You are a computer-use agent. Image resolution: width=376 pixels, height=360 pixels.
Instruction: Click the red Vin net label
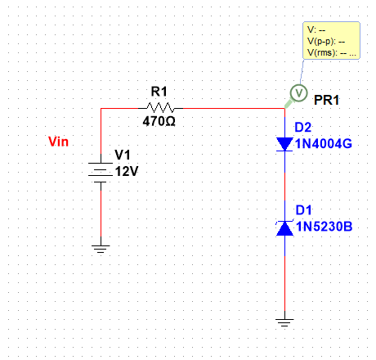click(60, 142)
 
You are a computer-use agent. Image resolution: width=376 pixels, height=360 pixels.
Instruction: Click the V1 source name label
click(122, 155)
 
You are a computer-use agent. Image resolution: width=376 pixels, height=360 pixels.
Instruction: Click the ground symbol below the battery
click(100, 248)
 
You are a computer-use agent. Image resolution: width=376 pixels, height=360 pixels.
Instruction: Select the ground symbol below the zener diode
click(284, 322)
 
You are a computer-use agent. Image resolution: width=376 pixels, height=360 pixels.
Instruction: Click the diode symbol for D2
click(284, 144)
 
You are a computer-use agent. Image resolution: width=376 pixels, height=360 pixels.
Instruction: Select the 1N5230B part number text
click(325, 227)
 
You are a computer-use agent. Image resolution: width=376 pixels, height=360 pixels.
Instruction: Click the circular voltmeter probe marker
click(299, 92)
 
